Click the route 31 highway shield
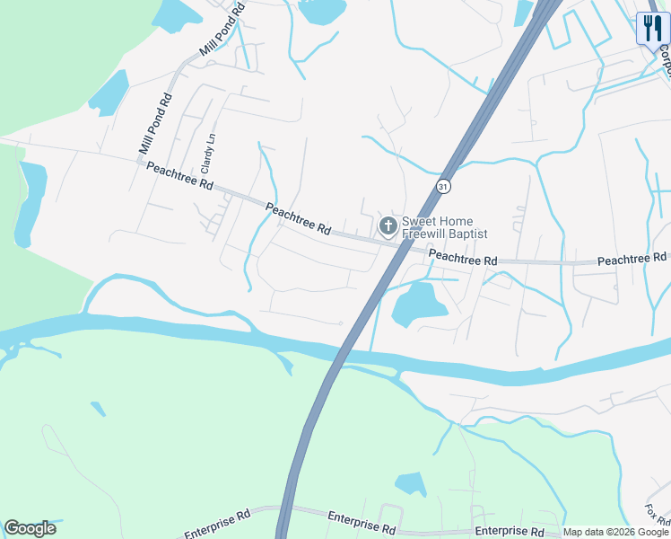[443, 186]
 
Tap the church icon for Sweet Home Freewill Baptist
[388, 225]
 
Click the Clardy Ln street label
[208, 154]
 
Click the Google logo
[30, 528]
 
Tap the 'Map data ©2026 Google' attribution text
[615, 532]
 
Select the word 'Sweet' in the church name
[419, 221]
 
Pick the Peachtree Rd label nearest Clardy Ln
[179, 175]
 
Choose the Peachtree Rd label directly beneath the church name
[463, 258]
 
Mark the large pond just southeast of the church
[417, 303]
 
